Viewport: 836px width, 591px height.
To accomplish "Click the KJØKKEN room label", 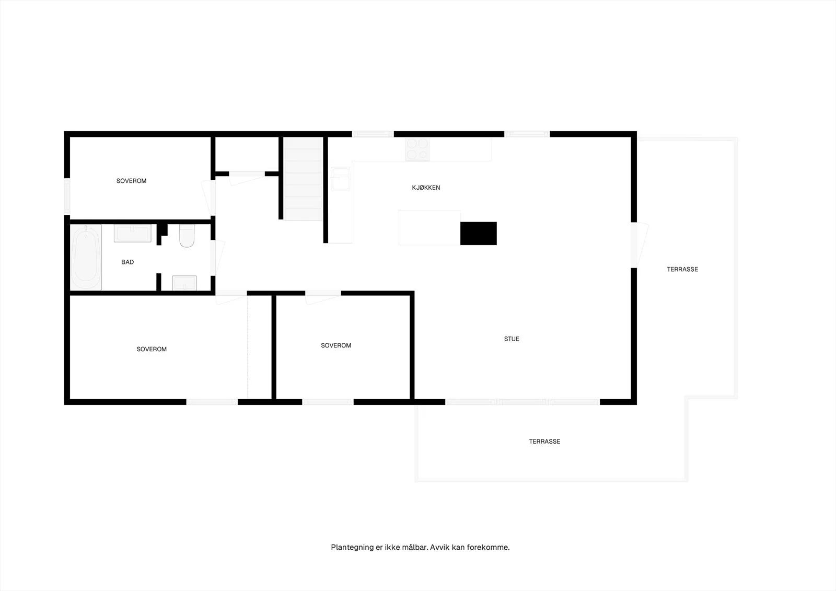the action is click(426, 188).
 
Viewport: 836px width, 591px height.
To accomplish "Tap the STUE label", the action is click(512, 339).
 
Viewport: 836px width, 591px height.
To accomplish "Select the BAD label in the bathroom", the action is click(127, 262).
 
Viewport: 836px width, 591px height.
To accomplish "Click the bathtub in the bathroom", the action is click(86, 257).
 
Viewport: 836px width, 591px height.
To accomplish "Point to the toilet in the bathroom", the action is click(187, 236).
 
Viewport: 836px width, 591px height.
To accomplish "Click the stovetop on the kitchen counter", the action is click(417, 149).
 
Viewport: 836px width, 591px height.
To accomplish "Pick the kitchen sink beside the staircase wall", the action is click(340, 179).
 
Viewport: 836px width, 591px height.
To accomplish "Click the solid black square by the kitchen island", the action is click(479, 234).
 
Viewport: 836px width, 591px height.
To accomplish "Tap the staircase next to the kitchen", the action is click(303, 179).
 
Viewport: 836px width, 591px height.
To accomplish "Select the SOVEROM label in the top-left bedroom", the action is click(131, 181).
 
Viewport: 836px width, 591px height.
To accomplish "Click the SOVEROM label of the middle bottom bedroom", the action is click(336, 345).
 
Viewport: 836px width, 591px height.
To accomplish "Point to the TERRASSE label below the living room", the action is click(544, 441).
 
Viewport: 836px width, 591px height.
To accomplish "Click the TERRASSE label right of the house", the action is click(682, 269).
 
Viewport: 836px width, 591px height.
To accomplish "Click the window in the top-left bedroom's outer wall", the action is click(67, 196).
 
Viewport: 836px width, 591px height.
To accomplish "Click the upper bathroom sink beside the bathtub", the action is click(133, 234).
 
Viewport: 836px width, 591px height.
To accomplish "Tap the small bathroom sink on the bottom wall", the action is click(184, 283).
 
